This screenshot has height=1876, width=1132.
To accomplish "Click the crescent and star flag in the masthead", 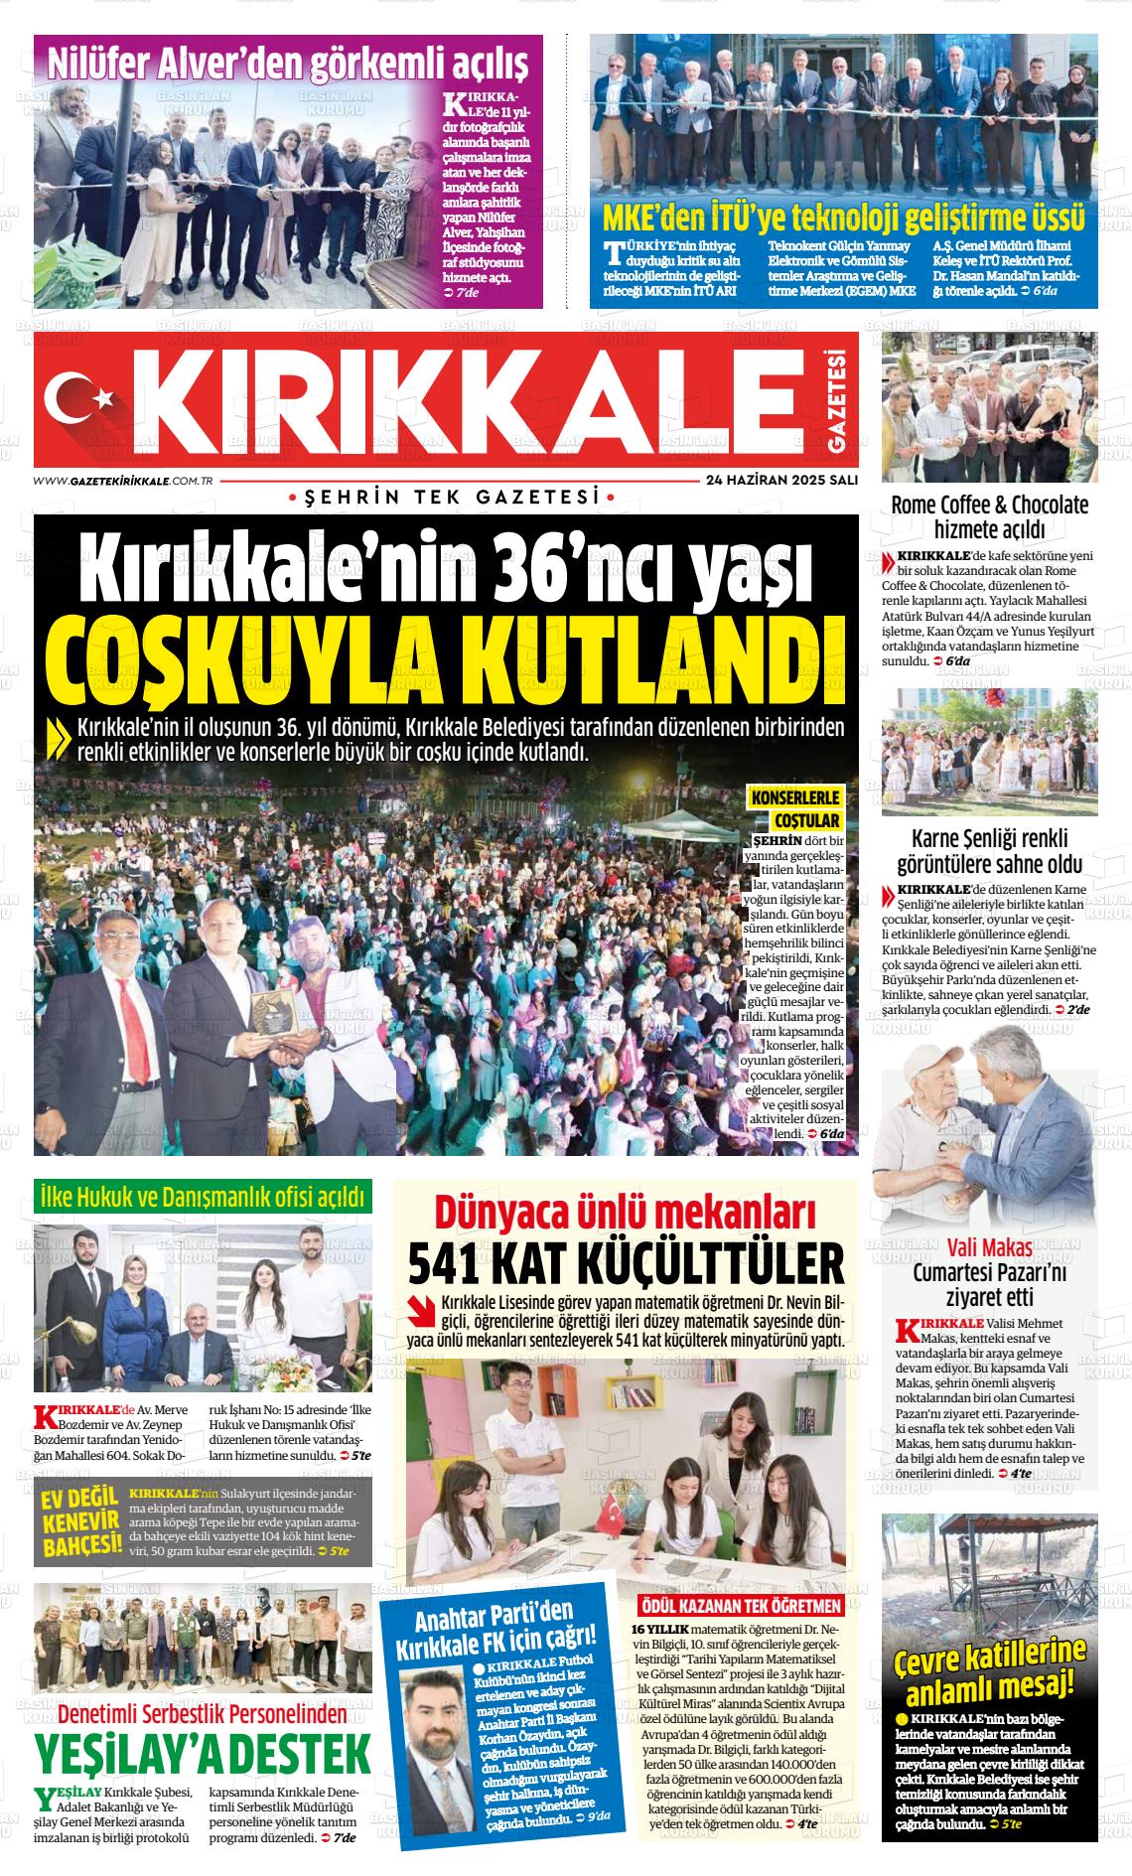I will pos(81,397).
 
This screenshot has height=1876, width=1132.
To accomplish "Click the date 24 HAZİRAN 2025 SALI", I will pos(781,479).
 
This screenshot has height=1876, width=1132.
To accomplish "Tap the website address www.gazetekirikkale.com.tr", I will pos(125,480).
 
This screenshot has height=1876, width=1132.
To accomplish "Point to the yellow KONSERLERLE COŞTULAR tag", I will pos(796,809).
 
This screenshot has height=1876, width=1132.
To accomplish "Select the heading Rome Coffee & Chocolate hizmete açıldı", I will pos(989,515).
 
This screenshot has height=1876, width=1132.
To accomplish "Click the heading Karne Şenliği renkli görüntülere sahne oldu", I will pos(989,850).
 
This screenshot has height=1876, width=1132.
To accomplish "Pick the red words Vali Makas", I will pos(989,1247).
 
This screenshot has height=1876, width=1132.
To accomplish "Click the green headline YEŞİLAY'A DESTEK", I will pos(203,1753).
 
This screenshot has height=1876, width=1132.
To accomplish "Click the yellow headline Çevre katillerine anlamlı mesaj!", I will pos(989,1670).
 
